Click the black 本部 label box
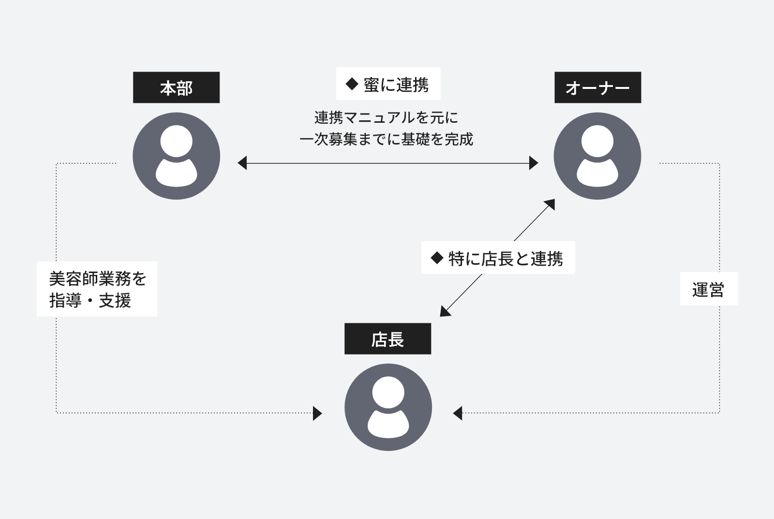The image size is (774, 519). [x=176, y=87]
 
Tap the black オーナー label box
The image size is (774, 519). [x=597, y=87]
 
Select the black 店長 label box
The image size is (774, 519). [x=387, y=339]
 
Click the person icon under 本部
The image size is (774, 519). [x=176, y=156]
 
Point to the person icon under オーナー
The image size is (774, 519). [x=597, y=156]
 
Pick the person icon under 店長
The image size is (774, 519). [x=388, y=407]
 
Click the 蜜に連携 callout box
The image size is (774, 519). [x=388, y=84]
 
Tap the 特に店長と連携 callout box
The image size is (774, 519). [x=498, y=258]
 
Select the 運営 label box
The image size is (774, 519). [x=709, y=289]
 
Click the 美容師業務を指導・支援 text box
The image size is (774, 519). [x=97, y=289]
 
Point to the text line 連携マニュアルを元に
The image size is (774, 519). [x=386, y=117]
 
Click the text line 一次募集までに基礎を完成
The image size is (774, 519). [x=386, y=139]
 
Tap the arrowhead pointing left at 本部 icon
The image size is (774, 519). [x=242, y=163]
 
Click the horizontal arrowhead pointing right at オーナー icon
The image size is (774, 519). [x=534, y=163]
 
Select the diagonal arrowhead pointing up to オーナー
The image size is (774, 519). [x=550, y=204]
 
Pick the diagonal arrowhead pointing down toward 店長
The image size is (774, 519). [x=445, y=312]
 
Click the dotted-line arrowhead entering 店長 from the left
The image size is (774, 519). [x=317, y=413]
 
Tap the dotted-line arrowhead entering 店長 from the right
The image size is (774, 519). [x=458, y=413]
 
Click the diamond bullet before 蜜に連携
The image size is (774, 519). [x=351, y=84]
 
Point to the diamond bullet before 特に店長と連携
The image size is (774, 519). [x=437, y=258]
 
